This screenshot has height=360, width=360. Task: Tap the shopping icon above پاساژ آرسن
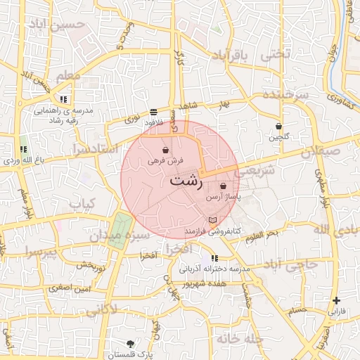click(x=224, y=186)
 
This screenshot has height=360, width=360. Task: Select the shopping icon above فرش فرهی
click(x=165, y=150)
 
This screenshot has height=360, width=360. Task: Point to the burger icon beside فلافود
click(x=153, y=112)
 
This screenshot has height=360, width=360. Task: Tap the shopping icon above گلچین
click(x=279, y=127)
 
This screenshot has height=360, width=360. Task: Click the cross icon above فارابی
click(x=337, y=300)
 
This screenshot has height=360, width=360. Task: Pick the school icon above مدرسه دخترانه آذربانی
click(x=214, y=259)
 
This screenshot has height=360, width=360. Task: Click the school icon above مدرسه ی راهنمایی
click(x=64, y=99)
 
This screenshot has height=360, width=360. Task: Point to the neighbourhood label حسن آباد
click(x=65, y=25)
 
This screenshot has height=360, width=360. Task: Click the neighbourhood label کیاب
click(x=82, y=203)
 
